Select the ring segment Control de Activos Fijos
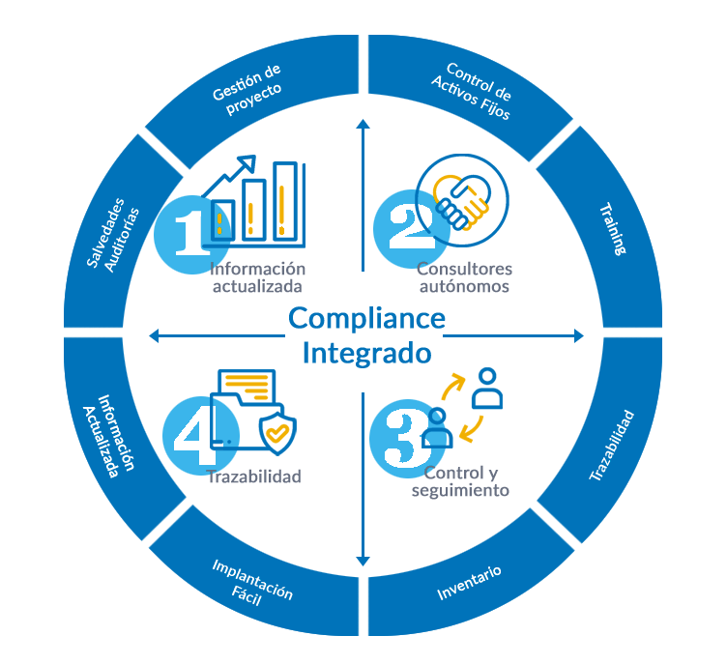pos(472,91)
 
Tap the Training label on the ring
pos(612,230)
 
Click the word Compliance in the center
pos(366,318)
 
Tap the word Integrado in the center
pos(366,353)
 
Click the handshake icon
pos(461,200)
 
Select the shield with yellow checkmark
pos(277,431)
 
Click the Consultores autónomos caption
pos(464,277)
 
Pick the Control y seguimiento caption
pos(460,482)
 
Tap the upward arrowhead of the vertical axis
pos(363,125)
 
